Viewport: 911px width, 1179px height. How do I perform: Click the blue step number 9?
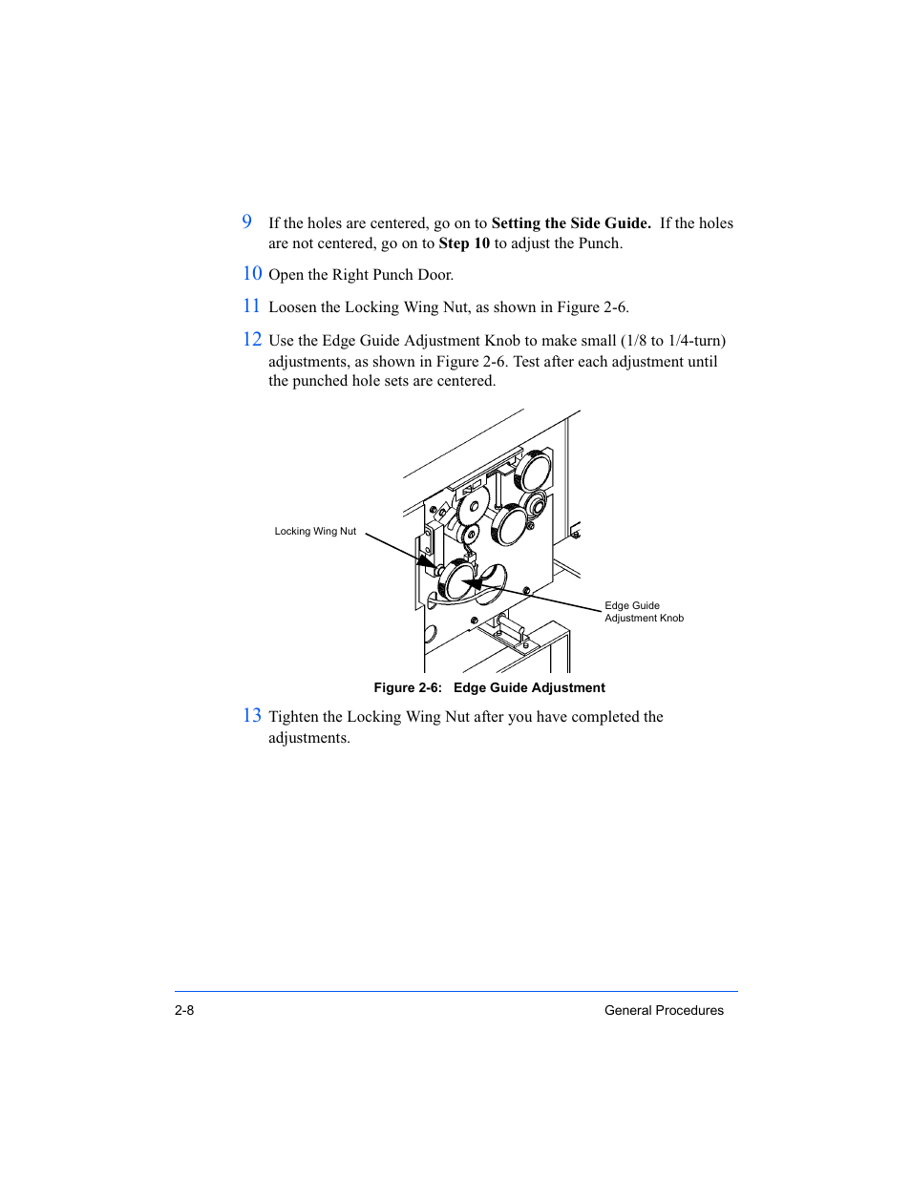click(x=247, y=221)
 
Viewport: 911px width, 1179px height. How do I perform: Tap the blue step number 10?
click(x=252, y=273)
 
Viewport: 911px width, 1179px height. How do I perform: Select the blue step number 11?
click(x=251, y=305)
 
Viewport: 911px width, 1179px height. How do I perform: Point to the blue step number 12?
click(x=252, y=339)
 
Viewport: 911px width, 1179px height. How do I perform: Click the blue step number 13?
click(x=252, y=715)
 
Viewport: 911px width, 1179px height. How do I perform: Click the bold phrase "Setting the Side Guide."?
click(x=571, y=223)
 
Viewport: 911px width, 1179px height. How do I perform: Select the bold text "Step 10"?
click(x=464, y=243)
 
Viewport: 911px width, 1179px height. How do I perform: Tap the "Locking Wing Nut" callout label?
click(x=315, y=532)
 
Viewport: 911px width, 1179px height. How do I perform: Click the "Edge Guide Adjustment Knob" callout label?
click(x=644, y=612)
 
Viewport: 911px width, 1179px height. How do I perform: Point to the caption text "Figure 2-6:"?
click(x=408, y=688)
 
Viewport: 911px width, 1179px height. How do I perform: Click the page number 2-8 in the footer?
click(x=184, y=1010)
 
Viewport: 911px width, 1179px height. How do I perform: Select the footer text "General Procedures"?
click(x=664, y=1010)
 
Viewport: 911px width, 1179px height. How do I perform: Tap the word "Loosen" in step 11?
click(x=293, y=307)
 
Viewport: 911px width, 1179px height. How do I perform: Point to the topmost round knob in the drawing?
click(x=533, y=471)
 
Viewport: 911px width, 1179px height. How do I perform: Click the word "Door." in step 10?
click(x=435, y=275)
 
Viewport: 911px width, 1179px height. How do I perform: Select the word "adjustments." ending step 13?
click(x=309, y=738)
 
